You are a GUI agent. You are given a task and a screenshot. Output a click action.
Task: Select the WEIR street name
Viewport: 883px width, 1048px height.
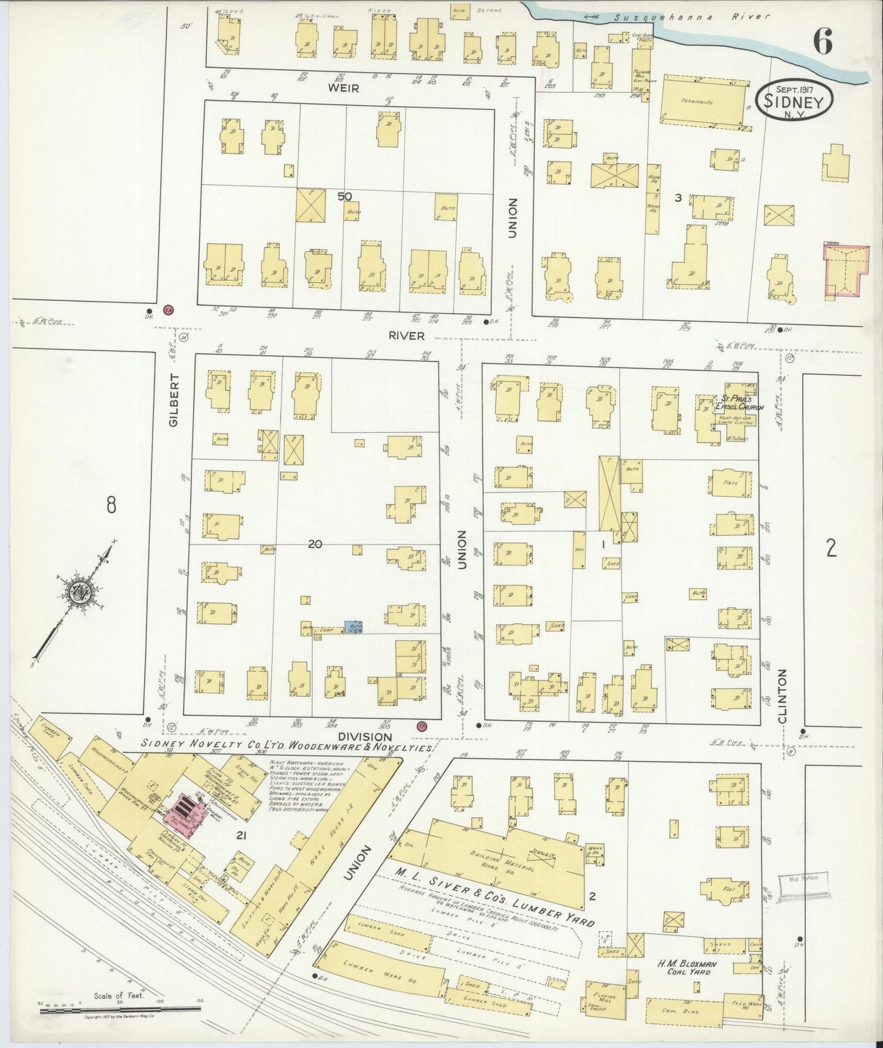pyautogui.click(x=343, y=88)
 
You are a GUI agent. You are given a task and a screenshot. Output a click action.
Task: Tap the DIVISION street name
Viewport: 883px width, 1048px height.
pyautogui.click(x=365, y=737)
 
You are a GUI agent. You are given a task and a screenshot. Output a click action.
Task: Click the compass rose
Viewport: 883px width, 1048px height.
pyautogui.click(x=81, y=591)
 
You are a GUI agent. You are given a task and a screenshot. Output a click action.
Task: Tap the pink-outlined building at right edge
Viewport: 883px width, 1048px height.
pyautogui.click(x=846, y=271)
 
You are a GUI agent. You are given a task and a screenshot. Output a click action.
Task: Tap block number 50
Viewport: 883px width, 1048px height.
pyautogui.click(x=345, y=196)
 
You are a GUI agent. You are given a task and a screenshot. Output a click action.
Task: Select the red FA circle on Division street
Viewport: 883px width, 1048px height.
pyautogui.click(x=422, y=726)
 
